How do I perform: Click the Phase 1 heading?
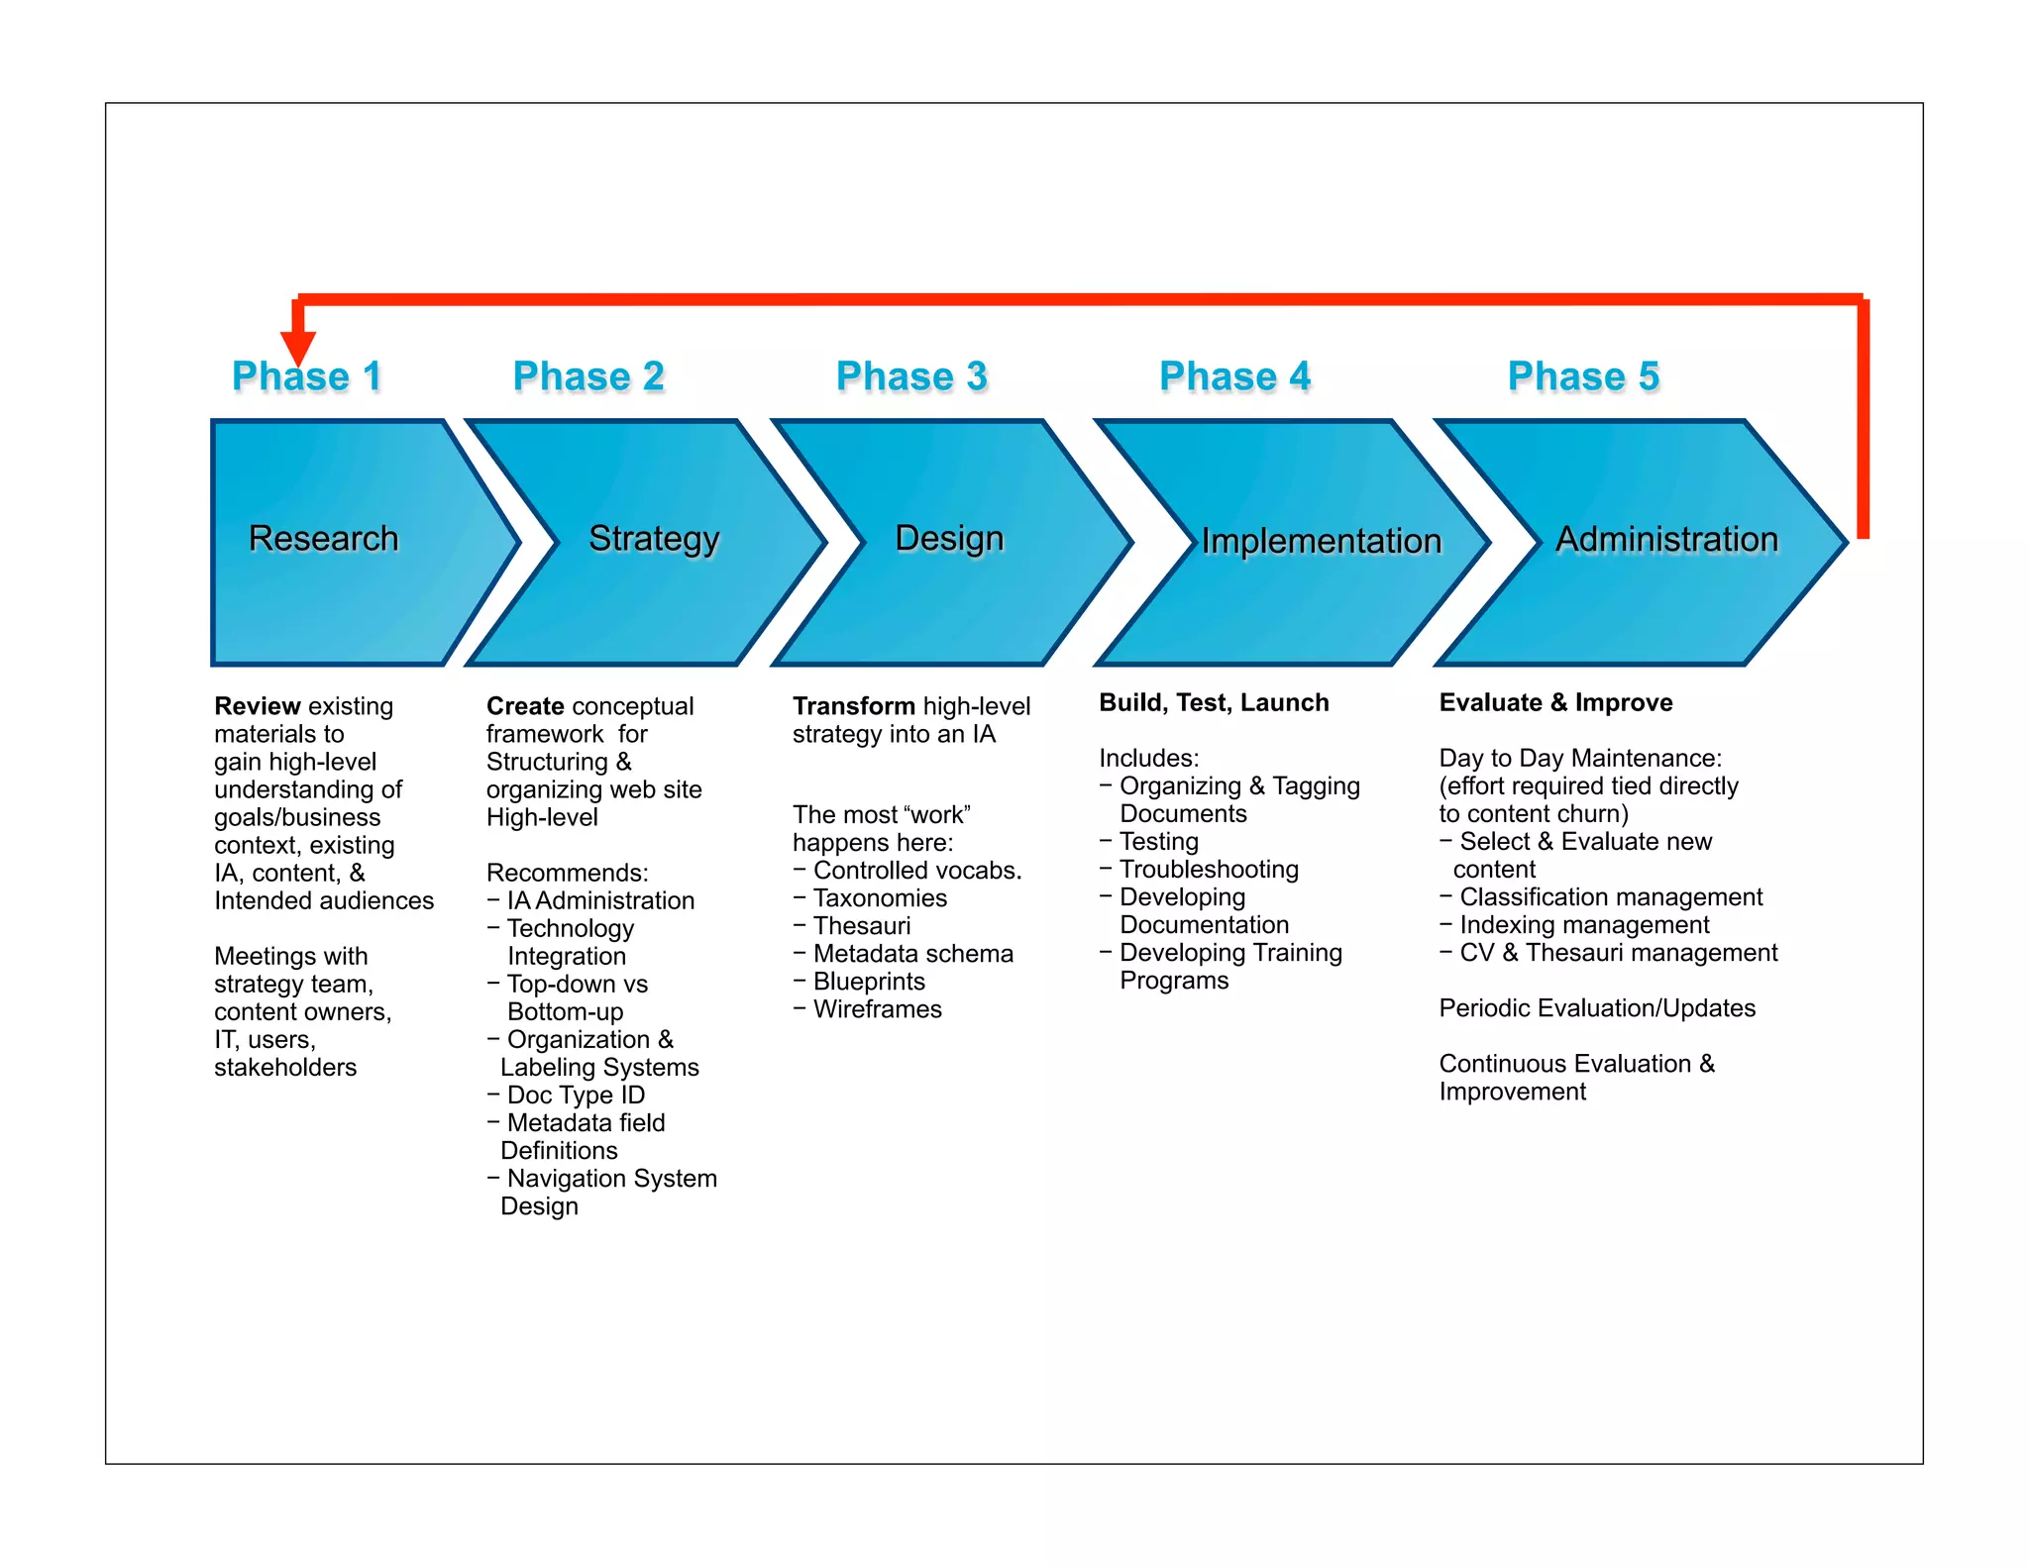tap(306, 376)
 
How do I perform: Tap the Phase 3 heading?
tap(911, 376)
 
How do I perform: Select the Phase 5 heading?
tap(1583, 376)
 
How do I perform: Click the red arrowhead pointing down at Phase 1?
tap(297, 347)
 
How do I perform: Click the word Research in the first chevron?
tap(323, 538)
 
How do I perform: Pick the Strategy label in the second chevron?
tap(654, 538)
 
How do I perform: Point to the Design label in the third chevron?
tap(949, 538)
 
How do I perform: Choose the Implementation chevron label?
tap(1321, 541)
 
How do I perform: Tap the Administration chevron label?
tap(1666, 539)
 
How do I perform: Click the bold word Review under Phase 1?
tap(257, 706)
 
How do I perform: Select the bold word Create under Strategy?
tap(525, 706)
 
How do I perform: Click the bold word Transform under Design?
tap(853, 706)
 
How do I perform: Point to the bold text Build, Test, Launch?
tap(1214, 702)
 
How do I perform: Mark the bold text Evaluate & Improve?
tap(1555, 702)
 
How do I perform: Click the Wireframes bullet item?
tap(877, 1009)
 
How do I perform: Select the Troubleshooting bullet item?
tap(1209, 869)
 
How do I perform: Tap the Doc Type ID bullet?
tap(576, 1095)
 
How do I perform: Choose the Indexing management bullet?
tap(1584, 924)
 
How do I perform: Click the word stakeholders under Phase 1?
tap(285, 1067)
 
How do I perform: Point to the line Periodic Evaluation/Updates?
tap(1597, 1007)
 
